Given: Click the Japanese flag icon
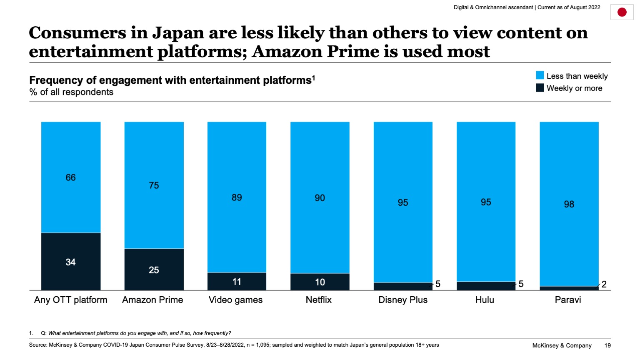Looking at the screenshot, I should (622, 12).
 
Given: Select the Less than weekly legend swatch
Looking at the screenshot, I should (540, 75).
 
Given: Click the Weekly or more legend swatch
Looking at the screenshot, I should (540, 88).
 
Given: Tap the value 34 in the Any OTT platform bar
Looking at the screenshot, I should (70, 262).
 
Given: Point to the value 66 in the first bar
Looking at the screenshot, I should (70, 177).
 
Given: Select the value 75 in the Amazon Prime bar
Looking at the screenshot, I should (154, 185).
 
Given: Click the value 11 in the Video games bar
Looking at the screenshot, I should (237, 282).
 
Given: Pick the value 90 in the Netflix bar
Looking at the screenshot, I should (320, 198).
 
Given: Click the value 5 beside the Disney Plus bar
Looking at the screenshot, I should (437, 284).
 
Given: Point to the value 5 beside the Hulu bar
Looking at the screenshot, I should (521, 284).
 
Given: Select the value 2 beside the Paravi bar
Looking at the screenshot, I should (604, 285).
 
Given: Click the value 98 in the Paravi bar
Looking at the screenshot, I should (569, 204).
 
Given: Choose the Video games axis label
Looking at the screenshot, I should (235, 300).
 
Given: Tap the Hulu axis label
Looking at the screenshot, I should (485, 300).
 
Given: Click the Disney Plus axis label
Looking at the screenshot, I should (402, 300).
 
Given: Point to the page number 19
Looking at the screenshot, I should (607, 345).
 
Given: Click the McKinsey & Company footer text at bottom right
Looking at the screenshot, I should (562, 345).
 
